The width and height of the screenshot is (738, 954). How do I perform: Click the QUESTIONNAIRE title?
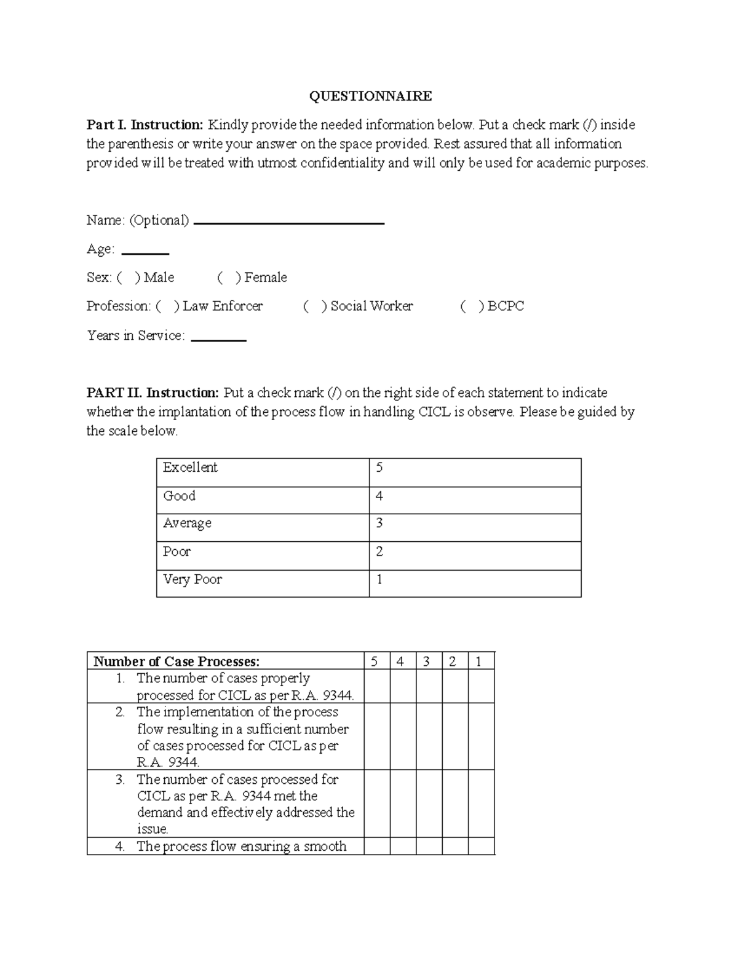(370, 96)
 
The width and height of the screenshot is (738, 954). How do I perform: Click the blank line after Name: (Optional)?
(288, 222)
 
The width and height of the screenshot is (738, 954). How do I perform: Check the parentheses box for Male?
(128, 278)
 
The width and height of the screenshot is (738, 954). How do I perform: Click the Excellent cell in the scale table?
(263, 472)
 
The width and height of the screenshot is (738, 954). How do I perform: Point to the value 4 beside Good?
(379, 496)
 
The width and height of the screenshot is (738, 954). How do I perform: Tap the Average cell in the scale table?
(263, 527)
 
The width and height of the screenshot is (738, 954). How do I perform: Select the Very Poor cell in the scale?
(263, 583)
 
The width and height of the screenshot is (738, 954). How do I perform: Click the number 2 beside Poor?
(379, 552)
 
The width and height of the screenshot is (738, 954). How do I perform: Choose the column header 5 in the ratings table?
(375, 661)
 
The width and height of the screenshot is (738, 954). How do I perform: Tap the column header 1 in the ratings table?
(478, 661)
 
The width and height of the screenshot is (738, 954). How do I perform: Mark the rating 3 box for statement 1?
(429, 686)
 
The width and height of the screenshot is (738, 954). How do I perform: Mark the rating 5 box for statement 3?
(376, 803)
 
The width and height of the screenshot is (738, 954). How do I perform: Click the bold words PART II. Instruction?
(153, 393)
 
